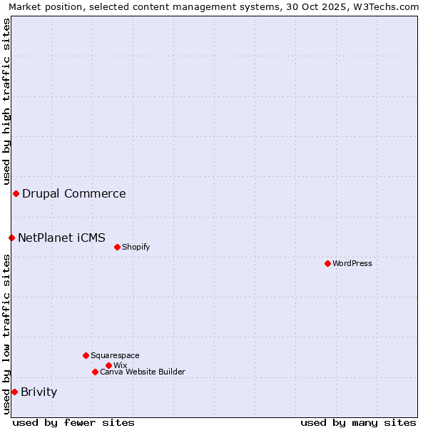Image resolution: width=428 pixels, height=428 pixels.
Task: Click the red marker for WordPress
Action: (x=327, y=263)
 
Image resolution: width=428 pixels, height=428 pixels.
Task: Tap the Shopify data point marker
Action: (x=117, y=247)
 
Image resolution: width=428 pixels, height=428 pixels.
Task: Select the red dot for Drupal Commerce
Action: (x=16, y=193)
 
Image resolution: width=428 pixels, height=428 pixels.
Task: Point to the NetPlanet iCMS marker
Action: (x=11, y=238)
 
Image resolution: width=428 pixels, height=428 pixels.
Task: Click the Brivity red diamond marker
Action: (x=14, y=392)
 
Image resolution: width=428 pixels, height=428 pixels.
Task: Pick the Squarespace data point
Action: (x=86, y=355)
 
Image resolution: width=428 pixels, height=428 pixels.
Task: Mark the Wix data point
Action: (x=108, y=365)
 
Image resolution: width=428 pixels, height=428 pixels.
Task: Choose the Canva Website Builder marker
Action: (x=95, y=372)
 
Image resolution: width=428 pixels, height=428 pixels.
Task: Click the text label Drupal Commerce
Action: (x=74, y=193)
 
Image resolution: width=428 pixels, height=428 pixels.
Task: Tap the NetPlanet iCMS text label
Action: (x=61, y=238)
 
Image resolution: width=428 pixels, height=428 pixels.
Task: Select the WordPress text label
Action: (x=352, y=263)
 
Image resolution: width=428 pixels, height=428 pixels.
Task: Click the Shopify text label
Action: (x=136, y=247)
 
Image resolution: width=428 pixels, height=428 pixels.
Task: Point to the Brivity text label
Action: (x=39, y=392)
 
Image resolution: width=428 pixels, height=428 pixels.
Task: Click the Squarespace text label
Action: (x=115, y=355)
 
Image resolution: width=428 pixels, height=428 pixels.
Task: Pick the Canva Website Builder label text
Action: (x=143, y=372)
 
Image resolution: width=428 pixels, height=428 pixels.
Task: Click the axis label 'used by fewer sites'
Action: (x=73, y=422)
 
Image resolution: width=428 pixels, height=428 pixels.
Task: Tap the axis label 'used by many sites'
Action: (x=358, y=422)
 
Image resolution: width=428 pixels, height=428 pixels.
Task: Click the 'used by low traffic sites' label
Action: (x=6, y=334)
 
